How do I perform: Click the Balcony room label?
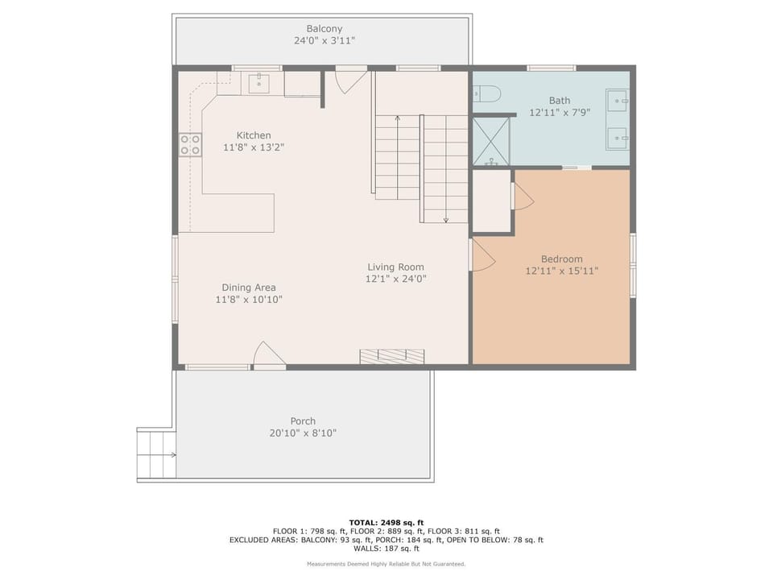point(324,29)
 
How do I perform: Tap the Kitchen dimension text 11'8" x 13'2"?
point(254,147)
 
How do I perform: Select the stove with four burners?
point(190,144)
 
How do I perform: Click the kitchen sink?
point(258,83)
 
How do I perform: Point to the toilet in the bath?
point(486,93)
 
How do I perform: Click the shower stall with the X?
point(491,141)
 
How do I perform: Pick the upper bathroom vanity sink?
point(618,101)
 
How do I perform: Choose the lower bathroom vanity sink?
point(618,139)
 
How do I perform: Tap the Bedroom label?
point(561,259)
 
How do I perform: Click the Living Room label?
point(395,267)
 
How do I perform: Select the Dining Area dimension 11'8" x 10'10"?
point(249,300)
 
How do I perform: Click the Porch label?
point(303,421)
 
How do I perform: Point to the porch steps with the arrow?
point(156,454)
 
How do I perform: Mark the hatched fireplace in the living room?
point(392,357)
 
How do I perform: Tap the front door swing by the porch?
point(269,354)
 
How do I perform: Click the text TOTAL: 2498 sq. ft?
point(386,523)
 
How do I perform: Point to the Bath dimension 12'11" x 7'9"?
point(560,113)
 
